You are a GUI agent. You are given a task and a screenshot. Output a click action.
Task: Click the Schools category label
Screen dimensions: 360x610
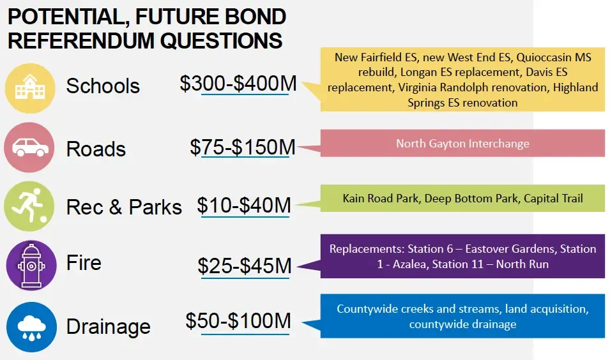point(103,86)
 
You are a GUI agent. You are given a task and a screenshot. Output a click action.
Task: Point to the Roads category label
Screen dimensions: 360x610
point(96,149)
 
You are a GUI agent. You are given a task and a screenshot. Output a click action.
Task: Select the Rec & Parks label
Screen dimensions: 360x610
point(124,207)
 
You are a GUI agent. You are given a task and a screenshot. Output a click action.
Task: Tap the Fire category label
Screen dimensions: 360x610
point(84,263)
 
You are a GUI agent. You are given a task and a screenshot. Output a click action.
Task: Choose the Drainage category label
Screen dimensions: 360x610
point(109,327)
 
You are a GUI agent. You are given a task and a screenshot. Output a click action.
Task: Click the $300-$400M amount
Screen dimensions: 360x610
point(238,83)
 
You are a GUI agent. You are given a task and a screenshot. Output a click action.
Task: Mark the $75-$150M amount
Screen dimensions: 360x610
point(243,147)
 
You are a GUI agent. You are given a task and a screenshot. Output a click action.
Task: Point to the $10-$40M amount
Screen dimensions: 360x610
point(244,206)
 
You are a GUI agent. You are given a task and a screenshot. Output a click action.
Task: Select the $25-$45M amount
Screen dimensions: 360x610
point(245,265)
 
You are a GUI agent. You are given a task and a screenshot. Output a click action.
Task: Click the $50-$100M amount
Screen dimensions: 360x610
point(238,320)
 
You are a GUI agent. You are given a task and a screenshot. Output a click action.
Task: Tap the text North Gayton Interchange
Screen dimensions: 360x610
point(462,143)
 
